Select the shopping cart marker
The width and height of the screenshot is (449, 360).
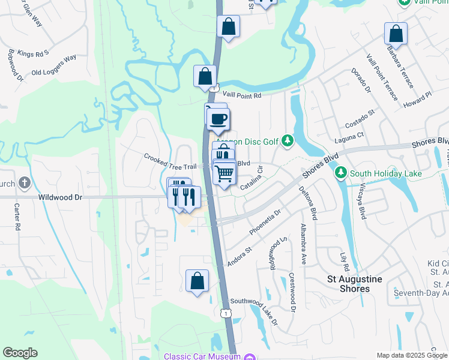224,174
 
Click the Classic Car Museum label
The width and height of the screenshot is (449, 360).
202,356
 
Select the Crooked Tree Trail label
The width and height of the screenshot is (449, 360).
170,161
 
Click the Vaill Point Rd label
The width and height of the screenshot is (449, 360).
243,95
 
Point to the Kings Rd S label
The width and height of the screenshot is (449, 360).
33,53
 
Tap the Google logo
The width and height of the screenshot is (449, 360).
20,353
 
